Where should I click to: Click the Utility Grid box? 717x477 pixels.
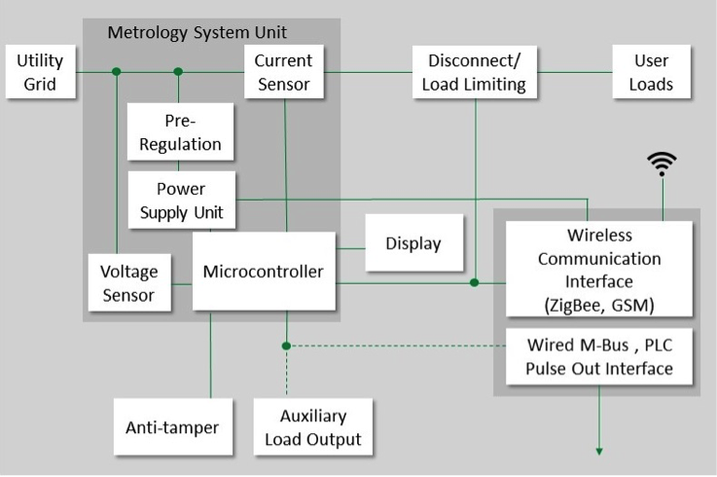click(40, 72)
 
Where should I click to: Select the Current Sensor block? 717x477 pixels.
click(283, 72)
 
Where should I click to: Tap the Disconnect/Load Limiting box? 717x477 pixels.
click(475, 72)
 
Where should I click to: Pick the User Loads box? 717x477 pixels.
click(651, 72)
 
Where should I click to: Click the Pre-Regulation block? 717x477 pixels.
click(181, 133)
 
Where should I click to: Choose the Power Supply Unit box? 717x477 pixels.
click(182, 199)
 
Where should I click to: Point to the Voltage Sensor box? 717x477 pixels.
click(129, 282)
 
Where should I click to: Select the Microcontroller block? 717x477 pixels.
click(263, 271)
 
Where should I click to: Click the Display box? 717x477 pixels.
click(412, 243)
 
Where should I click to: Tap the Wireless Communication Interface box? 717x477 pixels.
click(598, 270)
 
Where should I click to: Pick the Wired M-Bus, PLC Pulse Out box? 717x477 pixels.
click(598, 356)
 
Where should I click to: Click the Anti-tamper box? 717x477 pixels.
click(172, 427)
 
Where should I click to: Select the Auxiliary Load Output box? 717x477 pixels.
click(312, 427)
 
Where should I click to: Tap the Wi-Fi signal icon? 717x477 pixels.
click(663, 165)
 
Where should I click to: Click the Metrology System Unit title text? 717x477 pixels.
click(211, 32)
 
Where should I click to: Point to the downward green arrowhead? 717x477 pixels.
click(599, 450)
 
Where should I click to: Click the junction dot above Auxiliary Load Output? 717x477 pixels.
click(285, 345)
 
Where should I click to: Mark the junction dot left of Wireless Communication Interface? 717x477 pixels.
click(475, 283)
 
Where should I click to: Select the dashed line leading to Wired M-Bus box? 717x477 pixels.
click(399, 345)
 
